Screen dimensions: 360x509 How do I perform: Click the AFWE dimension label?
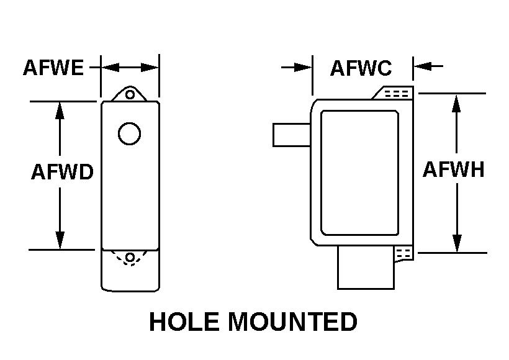(x=53, y=67)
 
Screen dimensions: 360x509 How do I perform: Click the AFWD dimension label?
(x=62, y=172)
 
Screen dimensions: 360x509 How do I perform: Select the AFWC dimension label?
(x=361, y=68)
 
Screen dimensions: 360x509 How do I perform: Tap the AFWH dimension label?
(x=453, y=169)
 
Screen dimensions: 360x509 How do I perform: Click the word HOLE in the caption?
(x=184, y=322)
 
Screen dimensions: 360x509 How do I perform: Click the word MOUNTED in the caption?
(x=293, y=322)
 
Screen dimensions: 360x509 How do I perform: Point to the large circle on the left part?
(x=129, y=133)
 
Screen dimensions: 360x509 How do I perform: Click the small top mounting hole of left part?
(x=130, y=94)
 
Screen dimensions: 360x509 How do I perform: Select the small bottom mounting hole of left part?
(x=130, y=258)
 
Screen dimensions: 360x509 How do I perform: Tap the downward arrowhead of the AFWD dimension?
(x=60, y=240)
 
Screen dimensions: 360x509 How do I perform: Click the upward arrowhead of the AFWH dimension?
(x=457, y=102)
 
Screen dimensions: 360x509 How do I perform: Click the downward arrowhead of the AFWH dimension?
(x=457, y=243)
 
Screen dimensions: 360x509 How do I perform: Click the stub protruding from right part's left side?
(x=291, y=135)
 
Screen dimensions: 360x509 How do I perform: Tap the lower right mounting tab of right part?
(x=403, y=253)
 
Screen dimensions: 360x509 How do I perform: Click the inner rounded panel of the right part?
(x=359, y=172)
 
